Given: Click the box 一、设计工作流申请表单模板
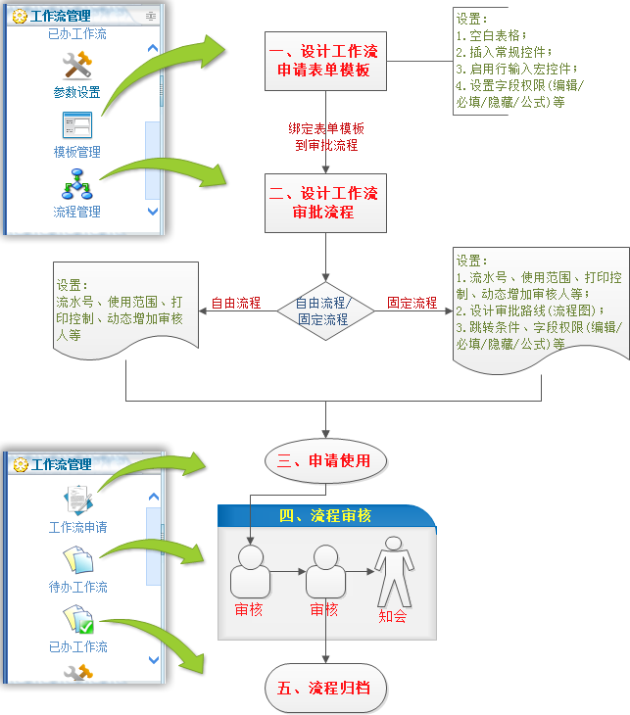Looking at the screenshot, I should click(x=321, y=61).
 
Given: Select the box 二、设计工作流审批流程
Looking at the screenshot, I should click(x=321, y=203).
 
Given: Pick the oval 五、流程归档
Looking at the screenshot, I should click(x=324, y=688).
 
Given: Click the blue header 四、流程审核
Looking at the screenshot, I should click(x=325, y=516).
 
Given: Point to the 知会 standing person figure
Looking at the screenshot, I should click(x=394, y=571).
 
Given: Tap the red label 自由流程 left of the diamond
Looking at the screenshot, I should click(x=236, y=303).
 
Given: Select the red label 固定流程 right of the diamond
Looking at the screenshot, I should click(x=412, y=303).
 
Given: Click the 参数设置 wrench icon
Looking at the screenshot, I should click(x=76, y=67).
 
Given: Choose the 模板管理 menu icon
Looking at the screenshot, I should click(x=76, y=125).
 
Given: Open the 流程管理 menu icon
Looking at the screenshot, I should click(x=76, y=183).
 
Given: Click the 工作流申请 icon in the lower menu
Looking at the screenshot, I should click(x=76, y=500).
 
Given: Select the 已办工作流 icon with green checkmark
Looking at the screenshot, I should click(x=76, y=620).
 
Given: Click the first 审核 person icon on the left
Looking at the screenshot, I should click(x=250, y=571).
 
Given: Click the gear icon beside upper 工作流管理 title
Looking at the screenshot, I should click(x=20, y=16).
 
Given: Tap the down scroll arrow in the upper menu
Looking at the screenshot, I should click(x=152, y=211).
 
